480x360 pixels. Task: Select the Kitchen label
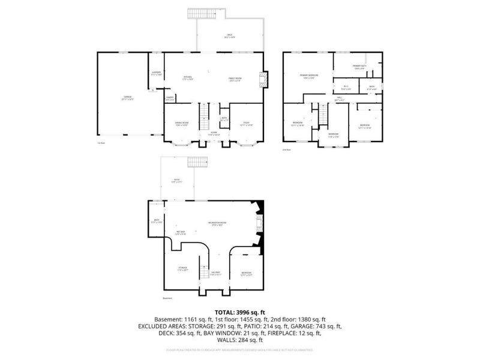[188, 77]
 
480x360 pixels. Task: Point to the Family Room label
[234, 79]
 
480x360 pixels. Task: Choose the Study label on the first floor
[246, 124]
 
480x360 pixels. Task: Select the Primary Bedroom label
[309, 76]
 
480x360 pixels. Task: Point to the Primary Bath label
[359, 67]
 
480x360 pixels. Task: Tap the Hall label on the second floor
[339, 100]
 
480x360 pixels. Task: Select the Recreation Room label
[217, 223]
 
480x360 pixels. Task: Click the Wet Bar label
[180, 232]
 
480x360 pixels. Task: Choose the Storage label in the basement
[182, 269]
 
